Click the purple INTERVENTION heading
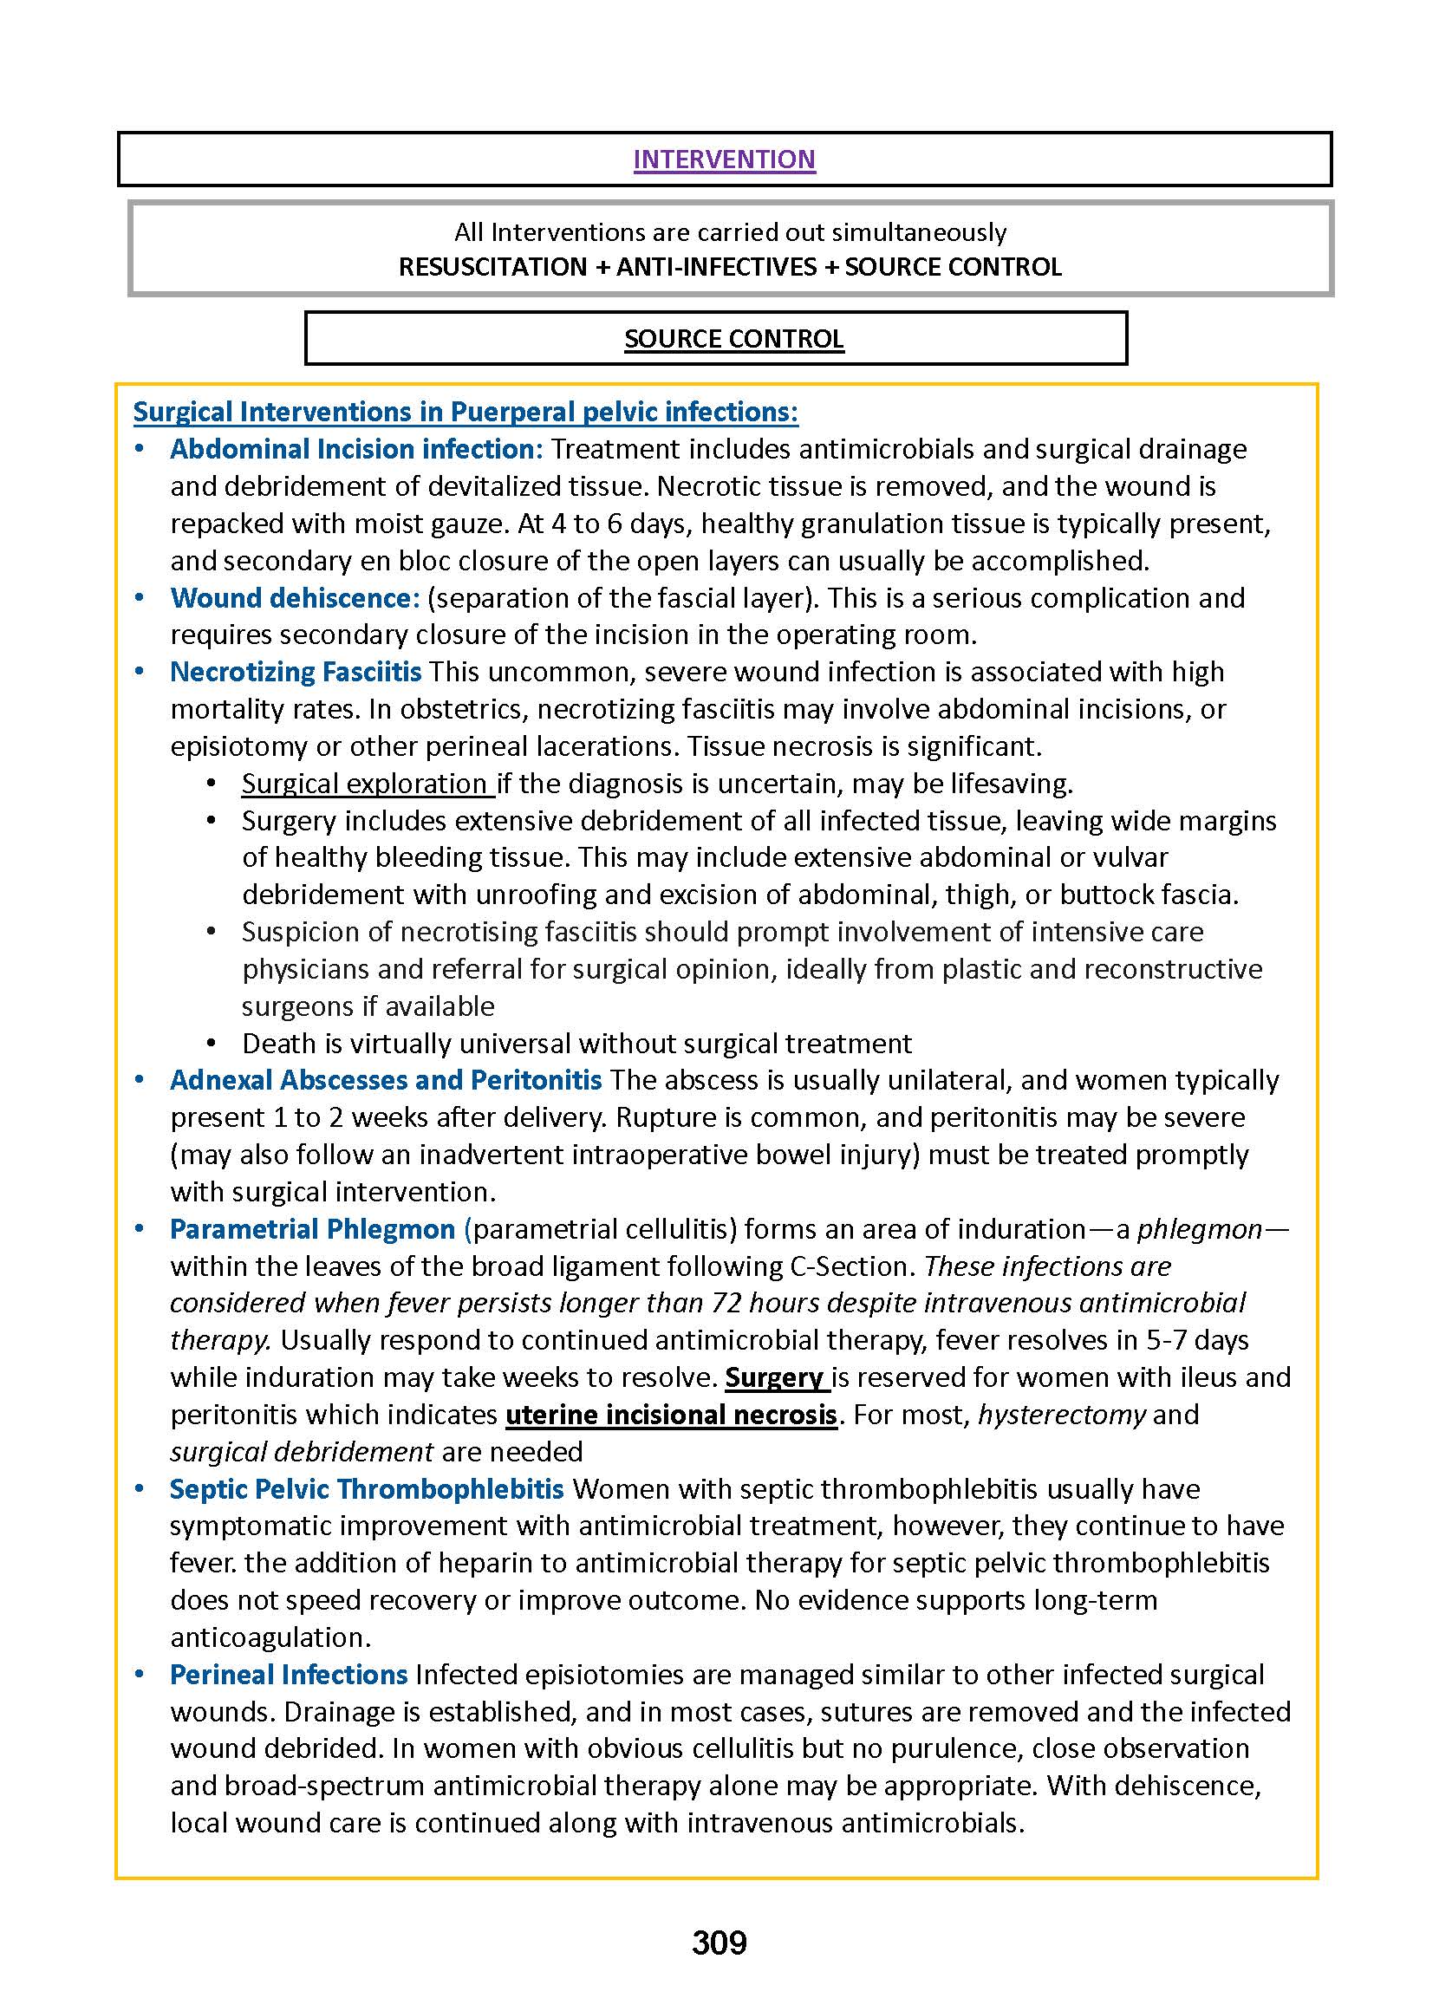click(x=724, y=159)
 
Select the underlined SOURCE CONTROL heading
click(x=733, y=339)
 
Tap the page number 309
click(x=719, y=1943)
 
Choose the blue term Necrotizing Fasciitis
click(x=296, y=672)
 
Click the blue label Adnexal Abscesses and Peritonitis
click(x=386, y=1080)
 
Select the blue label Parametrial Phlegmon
click(x=313, y=1229)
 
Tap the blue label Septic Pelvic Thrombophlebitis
click(x=367, y=1488)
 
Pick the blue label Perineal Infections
click(x=289, y=1675)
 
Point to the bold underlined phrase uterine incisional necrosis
click(x=671, y=1415)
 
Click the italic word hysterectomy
click(x=1062, y=1415)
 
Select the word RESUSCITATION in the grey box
click(x=492, y=267)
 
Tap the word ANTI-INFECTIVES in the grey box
click(x=717, y=267)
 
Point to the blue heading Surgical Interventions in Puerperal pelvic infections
click(x=466, y=412)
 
